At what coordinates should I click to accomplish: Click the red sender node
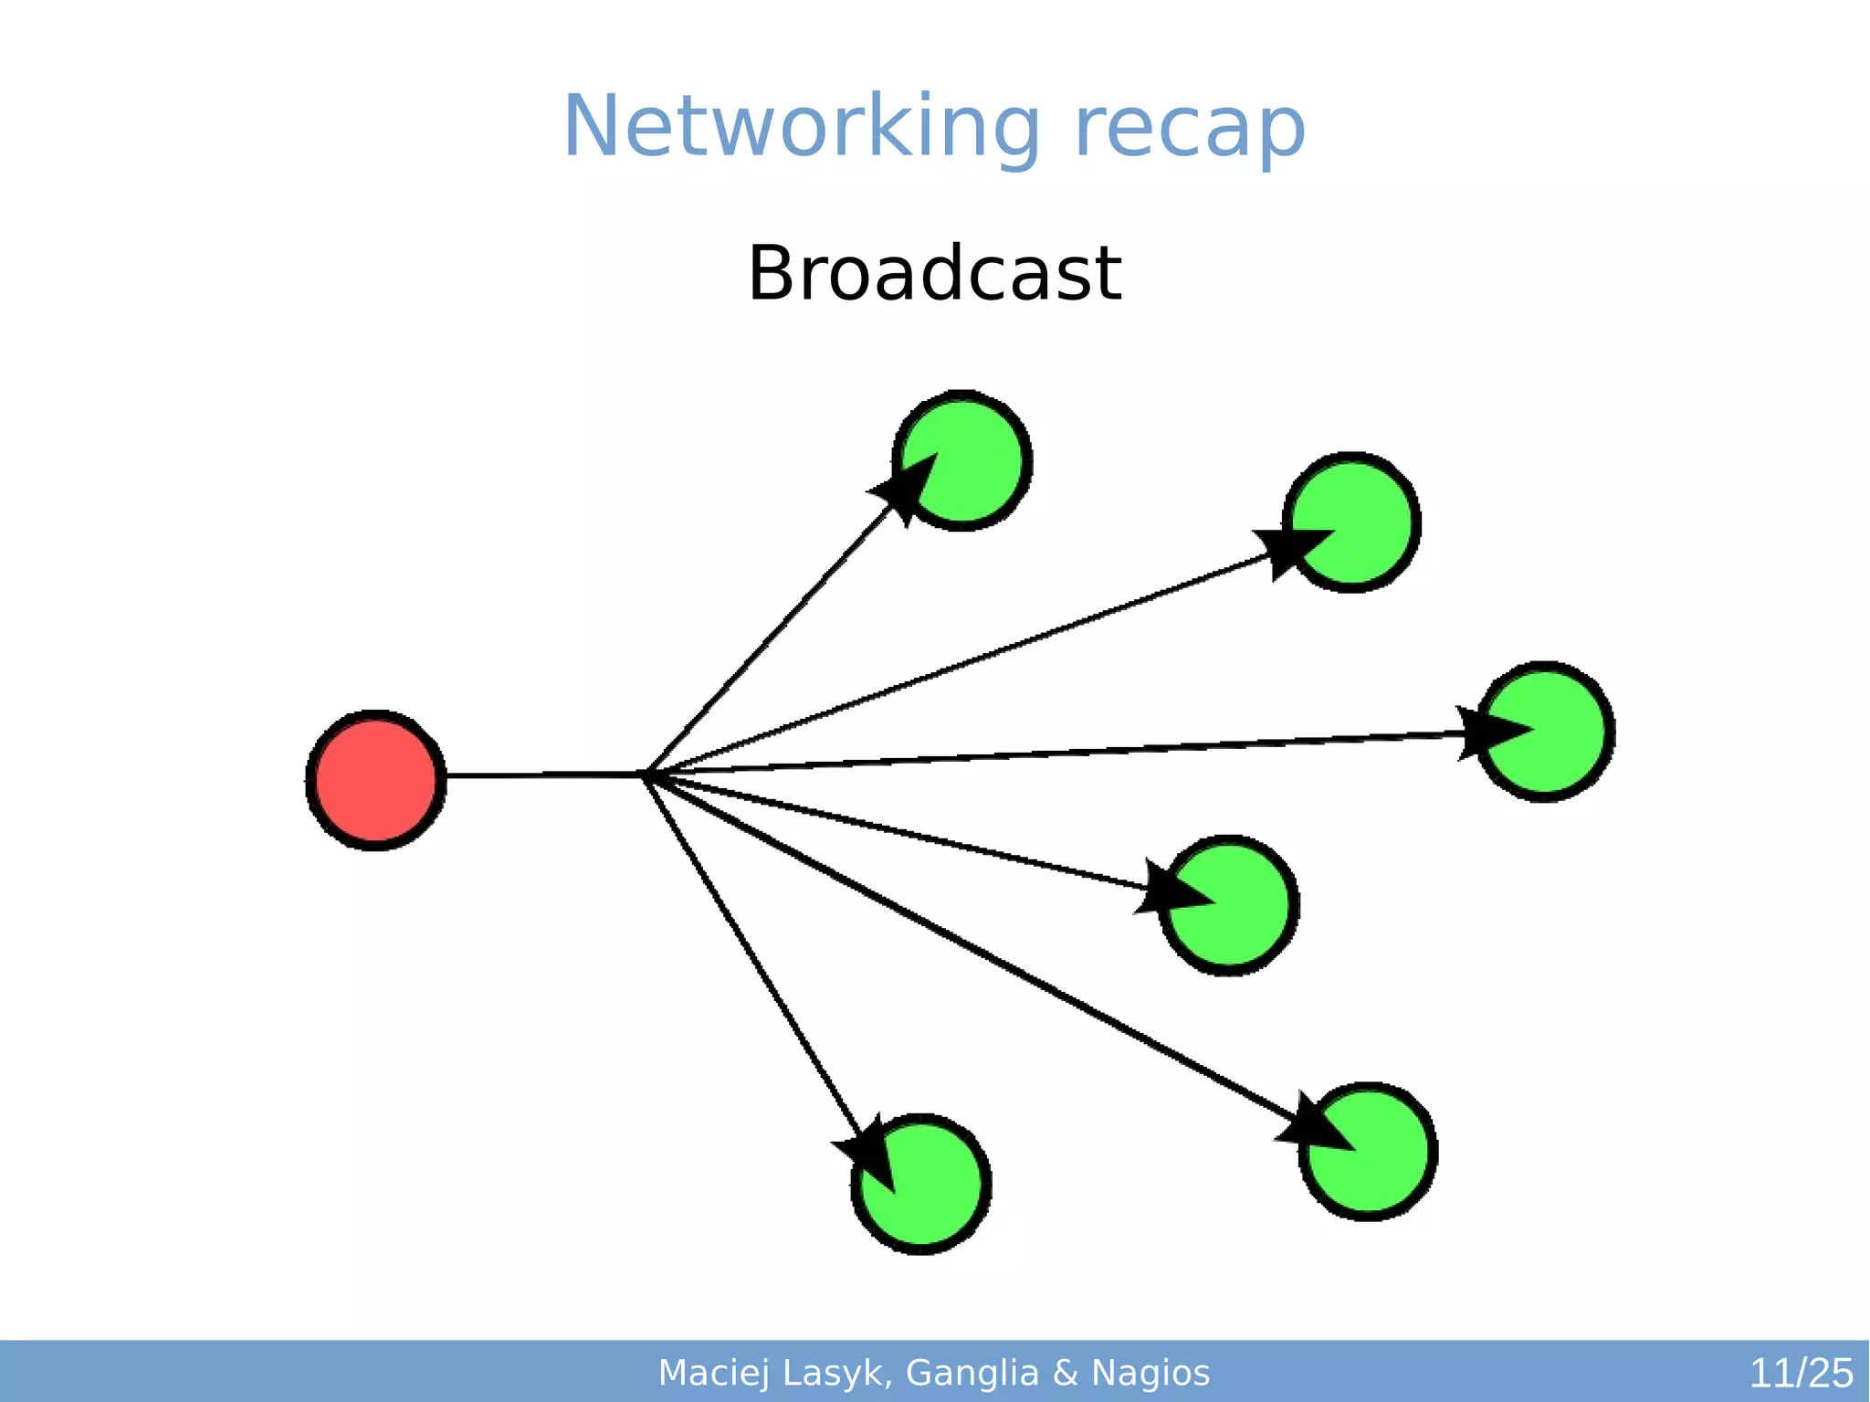click(x=375, y=780)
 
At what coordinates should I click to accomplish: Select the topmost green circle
click(x=962, y=460)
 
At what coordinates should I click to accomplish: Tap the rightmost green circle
click(x=1545, y=732)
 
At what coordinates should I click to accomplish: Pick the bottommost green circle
click(x=921, y=1185)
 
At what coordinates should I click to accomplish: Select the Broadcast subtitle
click(x=934, y=273)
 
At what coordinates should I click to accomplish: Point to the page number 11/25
click(x=1801, y=1373)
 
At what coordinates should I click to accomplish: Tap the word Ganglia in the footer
click(x=972, y=1373)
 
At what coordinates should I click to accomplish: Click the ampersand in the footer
click(x=1066, y=1373)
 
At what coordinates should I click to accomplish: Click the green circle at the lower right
click(x=1368, y=1152)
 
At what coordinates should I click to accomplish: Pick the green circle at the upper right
click(x=1351, y=522)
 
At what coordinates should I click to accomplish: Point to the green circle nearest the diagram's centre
click(x=1229, y=905)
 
